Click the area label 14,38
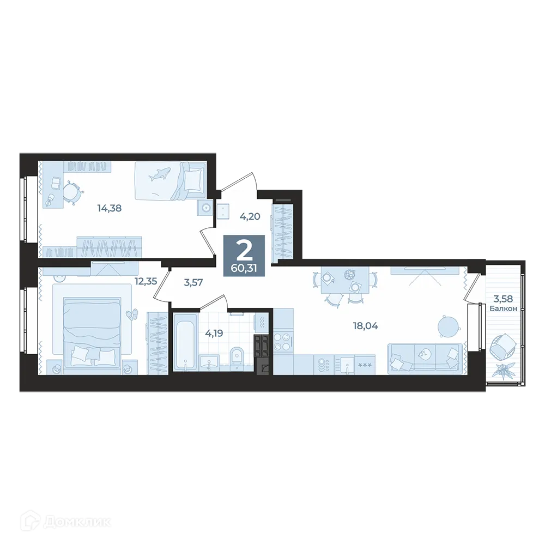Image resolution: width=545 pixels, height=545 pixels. [109, 208]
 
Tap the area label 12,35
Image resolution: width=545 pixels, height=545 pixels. [146, 281]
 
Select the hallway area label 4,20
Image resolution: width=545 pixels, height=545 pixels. [250, 216]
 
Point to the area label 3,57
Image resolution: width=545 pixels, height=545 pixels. [193, 282]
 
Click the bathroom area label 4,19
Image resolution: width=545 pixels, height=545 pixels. [214, 334]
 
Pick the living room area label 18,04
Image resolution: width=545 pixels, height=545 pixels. [365, 326]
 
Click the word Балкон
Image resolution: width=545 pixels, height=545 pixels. [503, 308]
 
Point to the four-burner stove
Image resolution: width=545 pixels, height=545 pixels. [282, 342]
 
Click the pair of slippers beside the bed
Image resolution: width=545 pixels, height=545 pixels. [132, 314]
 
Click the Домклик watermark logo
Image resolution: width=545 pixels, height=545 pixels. [65, 522]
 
